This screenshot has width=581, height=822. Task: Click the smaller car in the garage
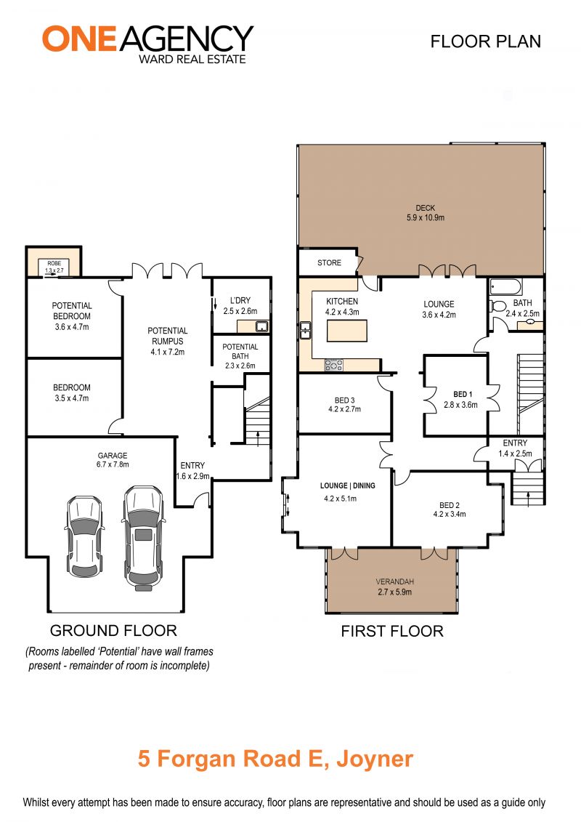tap(84, 536)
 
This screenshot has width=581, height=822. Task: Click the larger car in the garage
tap(143, 538)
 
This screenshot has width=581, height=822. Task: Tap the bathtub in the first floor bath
tap(505, 287)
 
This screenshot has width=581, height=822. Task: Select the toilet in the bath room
tap(497, 306)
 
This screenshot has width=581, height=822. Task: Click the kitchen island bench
tap(347, 331)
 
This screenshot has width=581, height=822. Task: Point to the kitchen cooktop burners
tap(334, 365)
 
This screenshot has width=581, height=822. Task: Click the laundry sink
tap(261, 326)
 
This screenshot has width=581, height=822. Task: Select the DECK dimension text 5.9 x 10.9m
tap(426, 217)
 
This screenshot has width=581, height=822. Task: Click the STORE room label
tap(329, 262)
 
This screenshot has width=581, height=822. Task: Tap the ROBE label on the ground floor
tap(54, 263)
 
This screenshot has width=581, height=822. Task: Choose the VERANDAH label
tap(395, 581)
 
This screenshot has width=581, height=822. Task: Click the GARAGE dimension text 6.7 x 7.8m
tap(113, 464)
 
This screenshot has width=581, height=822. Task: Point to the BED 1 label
tap(463, 394)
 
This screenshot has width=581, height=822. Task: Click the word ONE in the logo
tap(79, 39)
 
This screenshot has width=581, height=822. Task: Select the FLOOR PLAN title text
tap(486, 41)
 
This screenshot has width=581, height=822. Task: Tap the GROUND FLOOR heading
tap(114, 630)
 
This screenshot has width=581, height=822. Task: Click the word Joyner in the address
tap(375, 759)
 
